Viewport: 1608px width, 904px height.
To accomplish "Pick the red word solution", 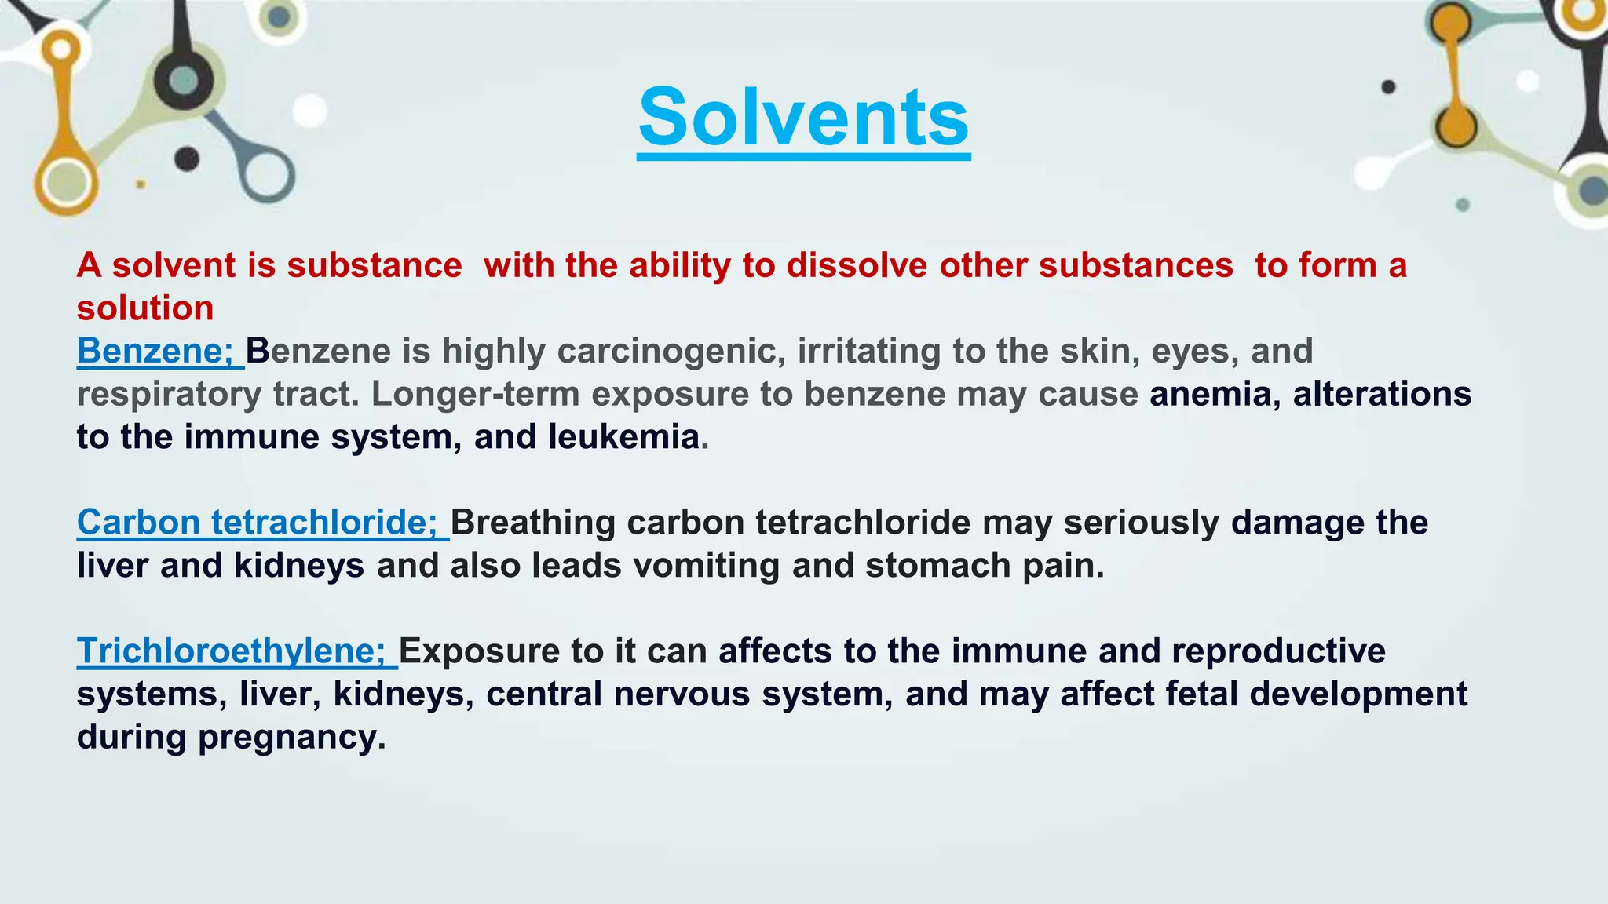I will pyautogui.click(x=145, y=308).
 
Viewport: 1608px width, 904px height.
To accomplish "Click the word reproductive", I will pyautogui.click(x=1278, y=651).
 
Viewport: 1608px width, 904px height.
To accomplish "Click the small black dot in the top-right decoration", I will pyautogui.click(x=1388, y=86).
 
